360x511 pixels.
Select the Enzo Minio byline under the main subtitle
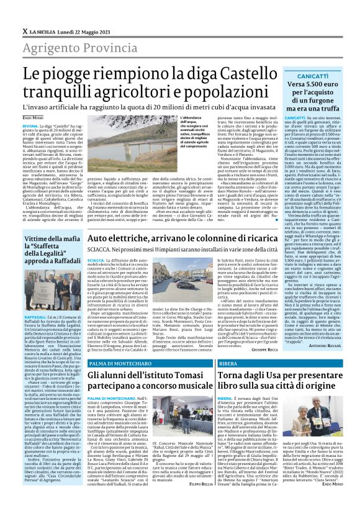point(34,117)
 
